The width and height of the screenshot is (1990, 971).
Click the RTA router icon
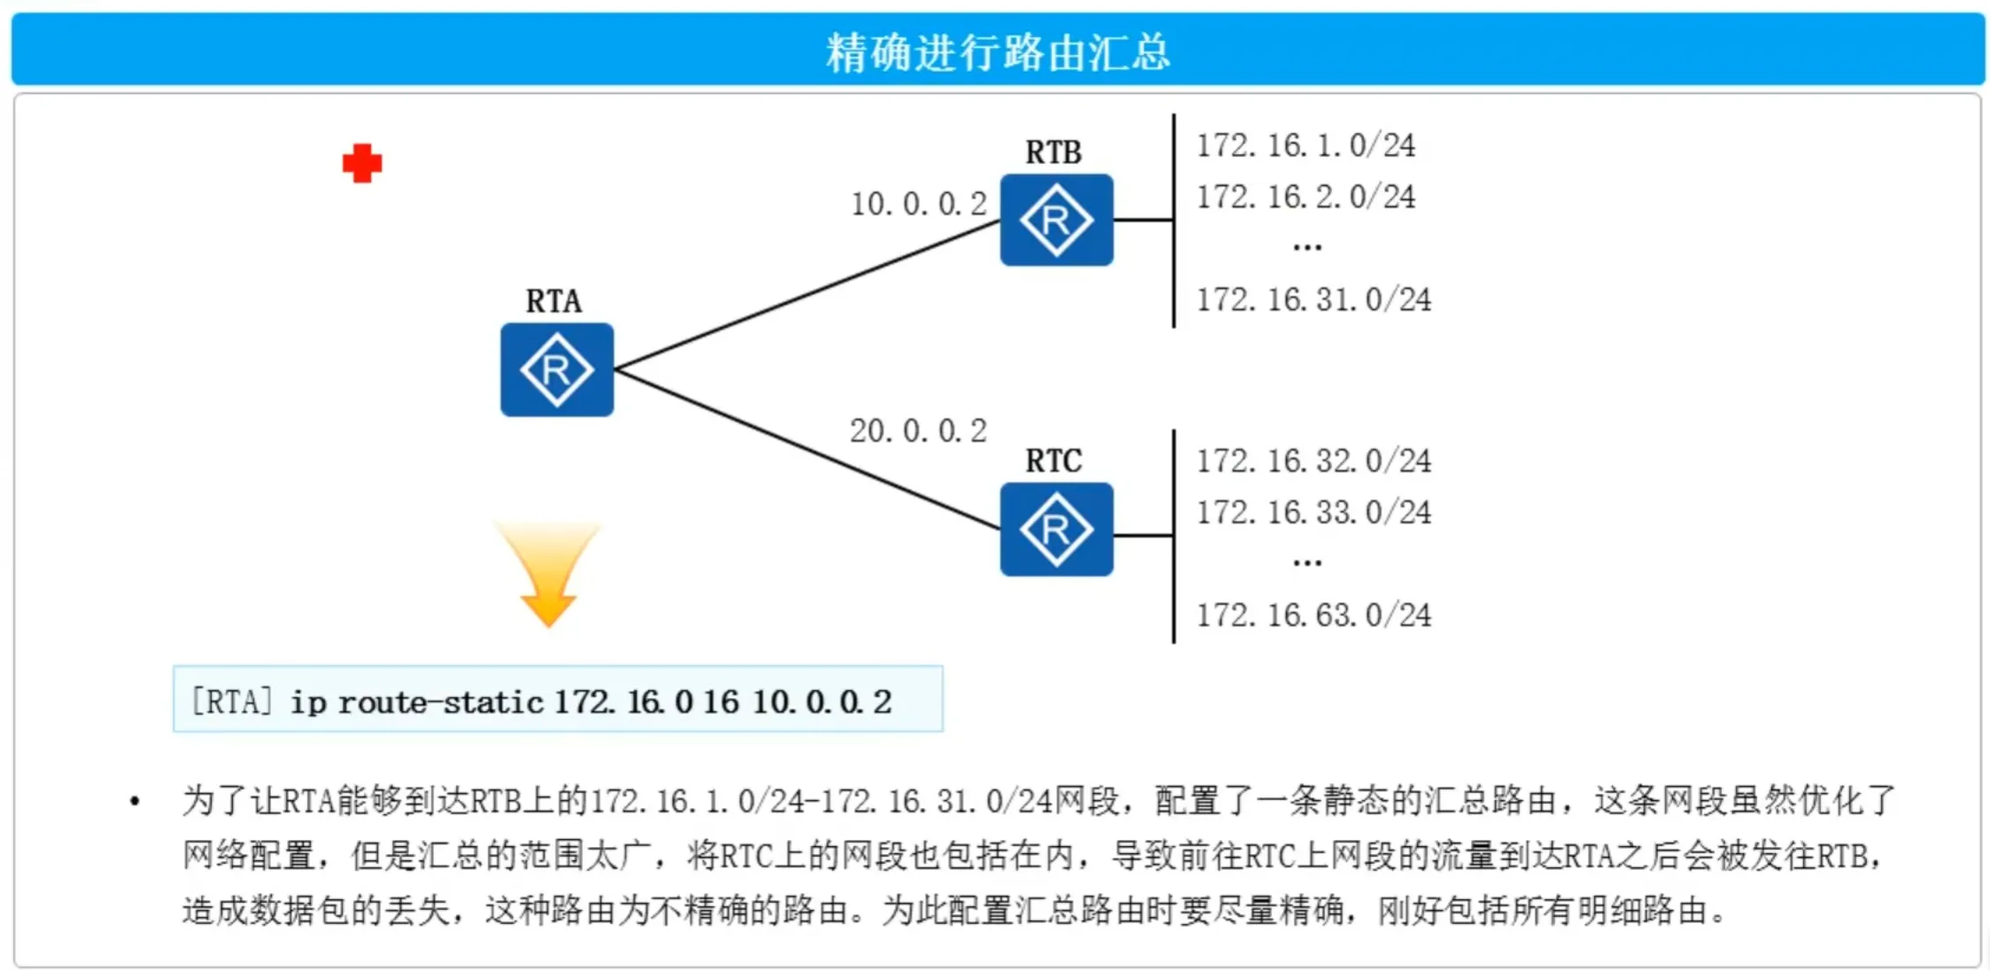pos(556,369)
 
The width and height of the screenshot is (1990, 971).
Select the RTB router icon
pos(1056,220)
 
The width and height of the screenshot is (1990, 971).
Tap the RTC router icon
pos(1056,529)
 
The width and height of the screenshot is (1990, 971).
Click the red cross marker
pos(362,164)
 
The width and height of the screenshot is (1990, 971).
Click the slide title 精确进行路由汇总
pos(997,52)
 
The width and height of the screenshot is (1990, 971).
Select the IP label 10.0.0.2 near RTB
pos(918,204)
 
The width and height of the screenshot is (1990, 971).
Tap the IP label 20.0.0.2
pos(918,431)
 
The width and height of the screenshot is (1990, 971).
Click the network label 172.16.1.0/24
pos(1305,145)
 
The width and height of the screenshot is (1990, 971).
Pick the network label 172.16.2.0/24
pos(1305,197)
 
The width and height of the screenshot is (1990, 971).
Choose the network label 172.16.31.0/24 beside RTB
pos(1313,299)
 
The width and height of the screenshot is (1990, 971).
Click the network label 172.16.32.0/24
pos(1313,461)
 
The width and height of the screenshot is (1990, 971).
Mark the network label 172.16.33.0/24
pos(1313,512)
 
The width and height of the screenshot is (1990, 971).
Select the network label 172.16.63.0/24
pos(1313,615)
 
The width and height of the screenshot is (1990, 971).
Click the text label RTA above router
pos(554,301)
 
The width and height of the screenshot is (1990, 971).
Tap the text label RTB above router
pos(1053,152)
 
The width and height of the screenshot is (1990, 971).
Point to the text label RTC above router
pos(1053,461)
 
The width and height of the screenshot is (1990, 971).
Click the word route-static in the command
pos(440,703)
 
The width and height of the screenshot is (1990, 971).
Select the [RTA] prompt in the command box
pos(231,702)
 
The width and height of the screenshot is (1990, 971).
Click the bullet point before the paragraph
pos(135,802)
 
